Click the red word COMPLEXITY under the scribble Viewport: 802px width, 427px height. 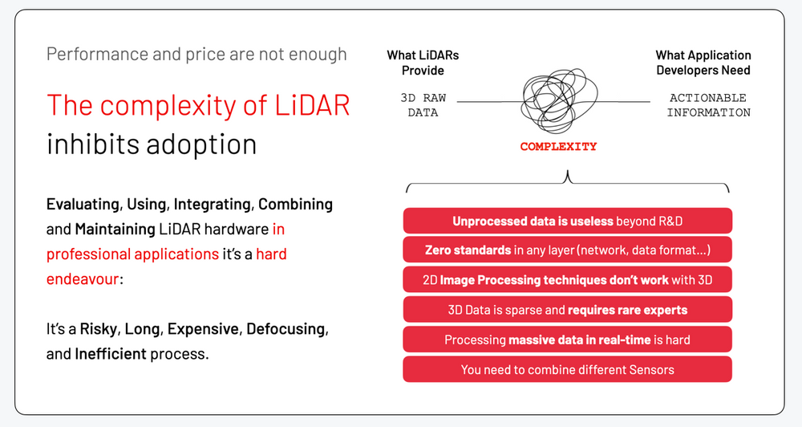click(558, 147)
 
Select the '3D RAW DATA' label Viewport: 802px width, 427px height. click(423, 105)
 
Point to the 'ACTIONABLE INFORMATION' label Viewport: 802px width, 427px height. click(708, 105)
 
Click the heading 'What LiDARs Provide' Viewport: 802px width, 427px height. click(423, 63)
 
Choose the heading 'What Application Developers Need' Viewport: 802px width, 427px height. click(703, 63)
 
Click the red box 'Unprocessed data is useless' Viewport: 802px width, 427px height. click(567, 221)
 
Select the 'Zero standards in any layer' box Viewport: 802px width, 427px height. click(567, 250)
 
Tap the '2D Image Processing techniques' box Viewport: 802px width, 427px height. click(567, 280)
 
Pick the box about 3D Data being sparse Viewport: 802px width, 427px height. click(567, 310)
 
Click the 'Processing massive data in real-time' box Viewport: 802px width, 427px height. click(567, 340)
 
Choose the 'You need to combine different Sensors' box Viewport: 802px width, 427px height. click(567, 369)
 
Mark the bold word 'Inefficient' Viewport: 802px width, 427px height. click(111, 353)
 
